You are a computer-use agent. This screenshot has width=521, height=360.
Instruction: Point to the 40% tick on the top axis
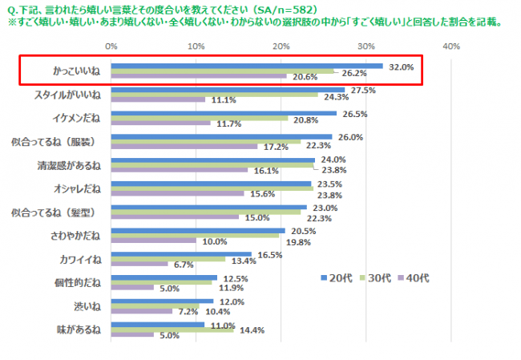(450, 47)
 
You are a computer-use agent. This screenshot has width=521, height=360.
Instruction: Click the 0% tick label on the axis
(111, 47)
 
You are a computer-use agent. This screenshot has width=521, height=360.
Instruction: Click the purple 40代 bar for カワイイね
(139, 264)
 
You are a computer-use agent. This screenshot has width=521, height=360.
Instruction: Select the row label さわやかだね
(74, 236)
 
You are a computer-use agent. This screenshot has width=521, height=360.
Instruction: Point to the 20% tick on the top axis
(281, 47)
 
